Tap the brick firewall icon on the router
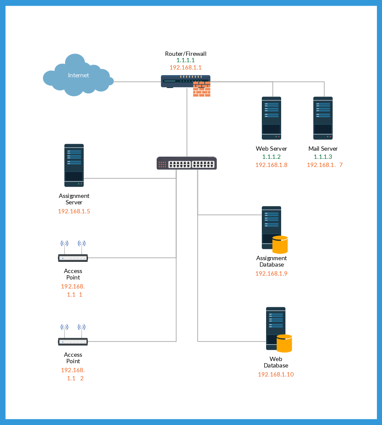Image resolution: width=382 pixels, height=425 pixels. [202, 89]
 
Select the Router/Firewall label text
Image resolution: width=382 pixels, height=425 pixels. [186, 54]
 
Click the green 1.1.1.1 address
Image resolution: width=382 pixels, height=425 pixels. [186, 61]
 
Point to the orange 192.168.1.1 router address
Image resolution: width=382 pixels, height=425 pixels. [186, 67]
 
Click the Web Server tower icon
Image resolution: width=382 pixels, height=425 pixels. [272, 118]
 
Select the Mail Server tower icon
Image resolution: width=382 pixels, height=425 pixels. [323, 118]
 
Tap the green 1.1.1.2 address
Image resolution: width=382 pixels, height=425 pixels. [271, 157]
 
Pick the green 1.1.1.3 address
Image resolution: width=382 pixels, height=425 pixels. [323, 157]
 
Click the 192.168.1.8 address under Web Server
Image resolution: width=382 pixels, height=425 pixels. [271, 165]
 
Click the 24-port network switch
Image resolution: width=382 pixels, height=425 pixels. [187, 163]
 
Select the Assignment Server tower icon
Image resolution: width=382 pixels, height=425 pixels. [74, 165]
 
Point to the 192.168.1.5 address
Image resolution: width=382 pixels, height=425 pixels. [74, 211]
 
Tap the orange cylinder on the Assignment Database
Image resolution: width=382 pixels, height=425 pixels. [280, 244]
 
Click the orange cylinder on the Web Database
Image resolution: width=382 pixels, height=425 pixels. [284, 343]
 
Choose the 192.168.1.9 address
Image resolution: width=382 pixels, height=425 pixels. [271, 273]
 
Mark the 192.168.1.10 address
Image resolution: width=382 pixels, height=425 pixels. [276, 374]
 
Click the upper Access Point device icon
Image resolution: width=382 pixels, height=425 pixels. [73, 258]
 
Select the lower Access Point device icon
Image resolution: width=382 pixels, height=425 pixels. [73, 341]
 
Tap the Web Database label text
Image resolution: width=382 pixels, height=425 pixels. [276, 362]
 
